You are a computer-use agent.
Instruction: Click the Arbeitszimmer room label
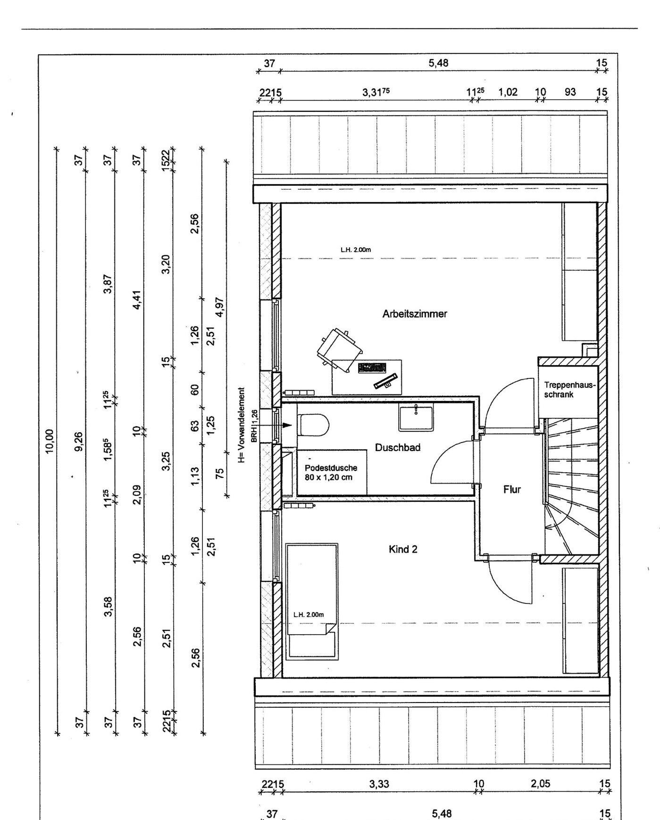(x=414, y=314)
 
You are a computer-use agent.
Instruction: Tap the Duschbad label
(x=397, y=447)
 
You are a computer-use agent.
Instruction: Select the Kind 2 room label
(x=403, y=549)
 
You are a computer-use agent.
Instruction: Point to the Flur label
(x=512, y=490)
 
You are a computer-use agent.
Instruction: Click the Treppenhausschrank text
(x=569, y=390)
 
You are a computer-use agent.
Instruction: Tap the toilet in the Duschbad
(x=314, y=425)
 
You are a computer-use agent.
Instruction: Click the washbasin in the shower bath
(x=416, y=418)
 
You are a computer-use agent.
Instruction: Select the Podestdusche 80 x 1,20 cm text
(x=331, y=472)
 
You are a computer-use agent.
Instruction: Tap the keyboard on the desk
(x=372, y=368)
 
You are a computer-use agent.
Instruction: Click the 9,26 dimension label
(x=79, y=441)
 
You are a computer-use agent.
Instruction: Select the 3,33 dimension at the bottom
(x=379, y=784)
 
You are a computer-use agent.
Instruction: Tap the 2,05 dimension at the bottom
(x=540, y=784)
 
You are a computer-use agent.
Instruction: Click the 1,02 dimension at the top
(x=508, y=92)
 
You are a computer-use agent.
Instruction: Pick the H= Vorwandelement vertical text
(x=242, y=425)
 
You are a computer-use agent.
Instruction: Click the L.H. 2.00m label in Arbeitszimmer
(x=356, y=250)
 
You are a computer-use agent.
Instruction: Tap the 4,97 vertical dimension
(x=219, y=309)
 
